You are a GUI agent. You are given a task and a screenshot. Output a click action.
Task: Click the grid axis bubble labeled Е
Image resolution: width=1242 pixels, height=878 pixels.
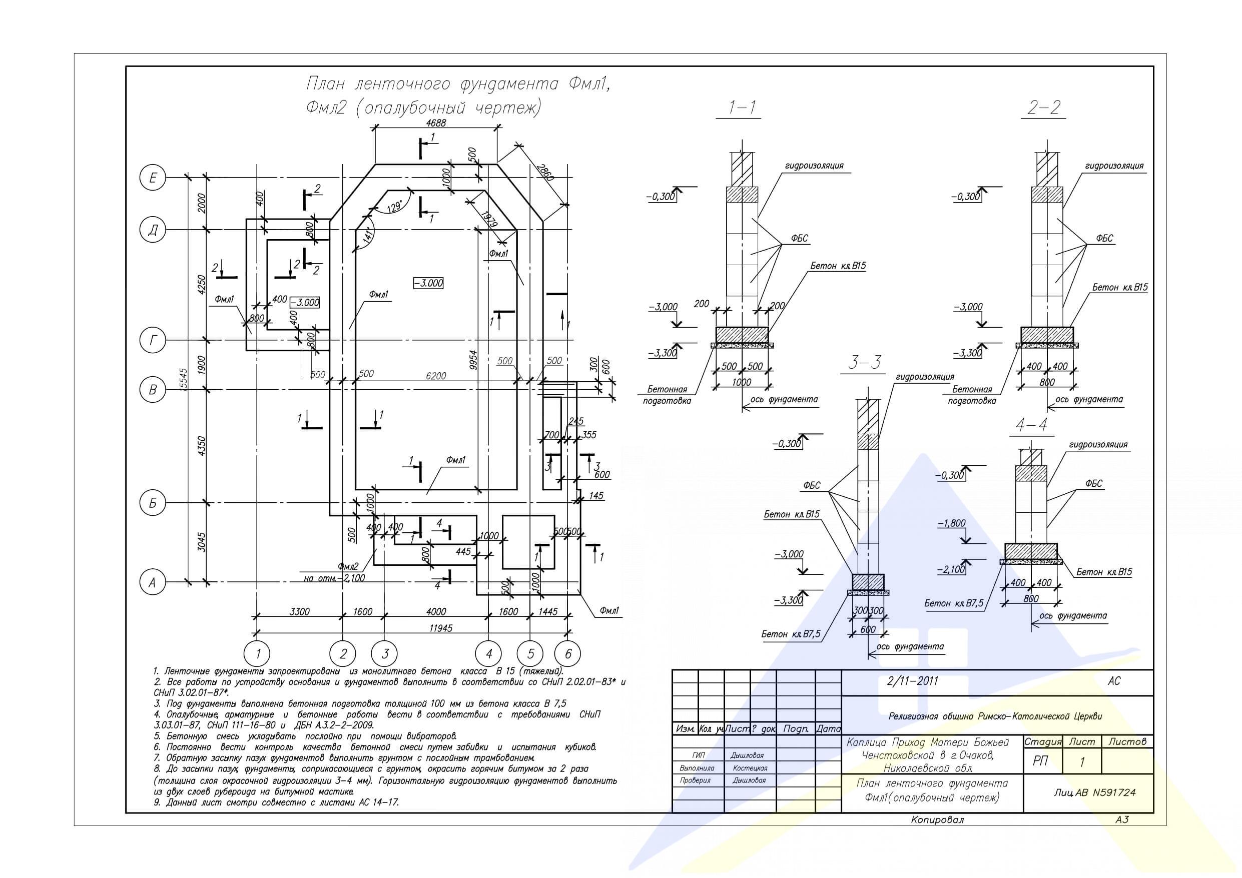[x=153, y=178]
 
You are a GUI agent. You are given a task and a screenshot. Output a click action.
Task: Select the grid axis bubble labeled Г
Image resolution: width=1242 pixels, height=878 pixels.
[x=153, y=341]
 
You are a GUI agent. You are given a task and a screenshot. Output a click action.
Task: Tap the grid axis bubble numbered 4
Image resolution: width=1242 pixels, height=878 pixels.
[x=488, y=654]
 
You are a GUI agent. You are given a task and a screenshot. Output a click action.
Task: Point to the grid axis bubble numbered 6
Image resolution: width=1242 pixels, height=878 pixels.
[x=567, y=654]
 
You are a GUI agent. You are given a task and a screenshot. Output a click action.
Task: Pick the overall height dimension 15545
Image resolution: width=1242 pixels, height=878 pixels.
[x=183, y=380]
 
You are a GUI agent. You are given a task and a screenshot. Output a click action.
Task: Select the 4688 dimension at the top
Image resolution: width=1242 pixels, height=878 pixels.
[x=436, y=123]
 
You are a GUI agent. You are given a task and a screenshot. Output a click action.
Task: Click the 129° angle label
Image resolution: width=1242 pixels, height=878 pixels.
[x=394, y=207]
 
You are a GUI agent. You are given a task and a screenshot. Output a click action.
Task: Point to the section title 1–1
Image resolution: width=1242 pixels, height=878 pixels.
[x=742, y=108]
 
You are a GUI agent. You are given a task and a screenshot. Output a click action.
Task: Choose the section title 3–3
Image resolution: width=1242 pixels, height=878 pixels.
[x=864, y=362]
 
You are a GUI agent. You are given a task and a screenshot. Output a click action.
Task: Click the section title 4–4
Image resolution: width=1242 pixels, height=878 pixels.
[x=1031, y=425]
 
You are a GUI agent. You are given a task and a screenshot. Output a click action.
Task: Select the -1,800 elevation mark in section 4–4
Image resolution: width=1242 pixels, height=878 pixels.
[x=951, y=523]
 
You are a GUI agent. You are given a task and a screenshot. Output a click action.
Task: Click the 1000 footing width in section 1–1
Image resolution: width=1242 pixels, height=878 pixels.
[x=741, y=382]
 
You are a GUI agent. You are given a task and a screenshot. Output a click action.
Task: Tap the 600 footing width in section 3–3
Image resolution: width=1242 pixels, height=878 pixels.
[x=868, y=630]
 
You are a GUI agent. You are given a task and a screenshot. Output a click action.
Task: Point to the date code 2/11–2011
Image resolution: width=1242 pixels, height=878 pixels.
[x=913, y=681]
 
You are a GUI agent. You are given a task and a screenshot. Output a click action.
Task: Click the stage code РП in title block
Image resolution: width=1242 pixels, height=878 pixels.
[x=1040, y=761]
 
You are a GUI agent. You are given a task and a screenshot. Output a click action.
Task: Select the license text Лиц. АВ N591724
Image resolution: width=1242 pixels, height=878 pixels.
[x=1094, y=792]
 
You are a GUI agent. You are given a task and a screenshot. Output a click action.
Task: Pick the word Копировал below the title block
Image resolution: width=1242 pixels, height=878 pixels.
[x=937, y=819]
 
